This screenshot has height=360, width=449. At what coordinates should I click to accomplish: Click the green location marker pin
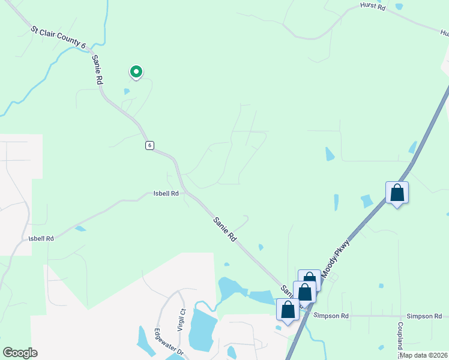pos(136,72)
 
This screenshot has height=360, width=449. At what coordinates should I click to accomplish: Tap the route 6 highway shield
pos(149,145)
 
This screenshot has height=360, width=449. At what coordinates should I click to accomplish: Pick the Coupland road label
pos(399,336)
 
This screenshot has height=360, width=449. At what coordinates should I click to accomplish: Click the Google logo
pos(20,353)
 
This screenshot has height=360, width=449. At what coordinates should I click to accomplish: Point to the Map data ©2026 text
pos(424,355)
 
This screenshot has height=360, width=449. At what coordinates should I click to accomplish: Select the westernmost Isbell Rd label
pos(41,238)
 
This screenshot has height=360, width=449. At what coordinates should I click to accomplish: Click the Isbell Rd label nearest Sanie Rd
pos(166,194)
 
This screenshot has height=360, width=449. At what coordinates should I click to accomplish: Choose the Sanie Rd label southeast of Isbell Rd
pos(224,229)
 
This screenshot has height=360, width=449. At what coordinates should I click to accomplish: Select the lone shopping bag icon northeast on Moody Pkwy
pos(397,193)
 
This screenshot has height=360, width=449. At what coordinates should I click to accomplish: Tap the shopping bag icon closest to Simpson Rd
pos(288,310)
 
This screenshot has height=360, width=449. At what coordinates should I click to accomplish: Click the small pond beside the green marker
pos(126,92)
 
